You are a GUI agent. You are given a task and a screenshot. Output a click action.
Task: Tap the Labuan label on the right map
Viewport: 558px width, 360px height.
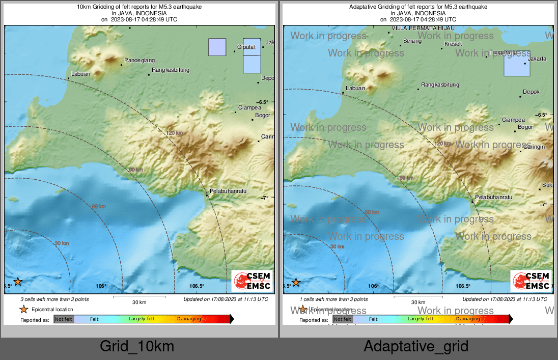point(355,89)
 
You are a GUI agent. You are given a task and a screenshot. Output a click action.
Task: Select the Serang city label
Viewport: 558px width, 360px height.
point(412,41)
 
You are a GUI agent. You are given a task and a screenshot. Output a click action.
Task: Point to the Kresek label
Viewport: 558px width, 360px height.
point(453,44)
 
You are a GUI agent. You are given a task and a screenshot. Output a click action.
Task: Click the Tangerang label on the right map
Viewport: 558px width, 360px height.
point(503,52)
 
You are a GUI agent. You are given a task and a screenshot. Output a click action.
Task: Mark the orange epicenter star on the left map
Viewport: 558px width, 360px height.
point(18,281)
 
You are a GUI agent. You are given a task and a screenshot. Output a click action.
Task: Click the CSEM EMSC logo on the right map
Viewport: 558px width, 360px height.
point(531,281)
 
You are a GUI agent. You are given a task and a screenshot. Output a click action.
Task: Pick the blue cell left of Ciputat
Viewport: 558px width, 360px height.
point(217,47)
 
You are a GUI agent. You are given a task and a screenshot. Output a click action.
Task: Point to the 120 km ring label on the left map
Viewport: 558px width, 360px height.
point(174,133)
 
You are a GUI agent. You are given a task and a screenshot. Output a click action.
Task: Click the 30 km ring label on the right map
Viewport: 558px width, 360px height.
point(337,246)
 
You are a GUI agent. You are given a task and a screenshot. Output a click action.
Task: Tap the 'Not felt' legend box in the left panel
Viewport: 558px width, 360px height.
point(64,319)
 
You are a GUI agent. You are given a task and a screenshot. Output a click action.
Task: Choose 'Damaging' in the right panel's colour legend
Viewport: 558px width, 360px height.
point(468,319)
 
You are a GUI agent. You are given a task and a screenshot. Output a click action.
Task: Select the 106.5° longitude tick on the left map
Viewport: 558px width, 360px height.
point(197,286)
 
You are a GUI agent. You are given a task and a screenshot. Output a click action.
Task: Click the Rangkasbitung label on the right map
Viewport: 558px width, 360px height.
point(440,85)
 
